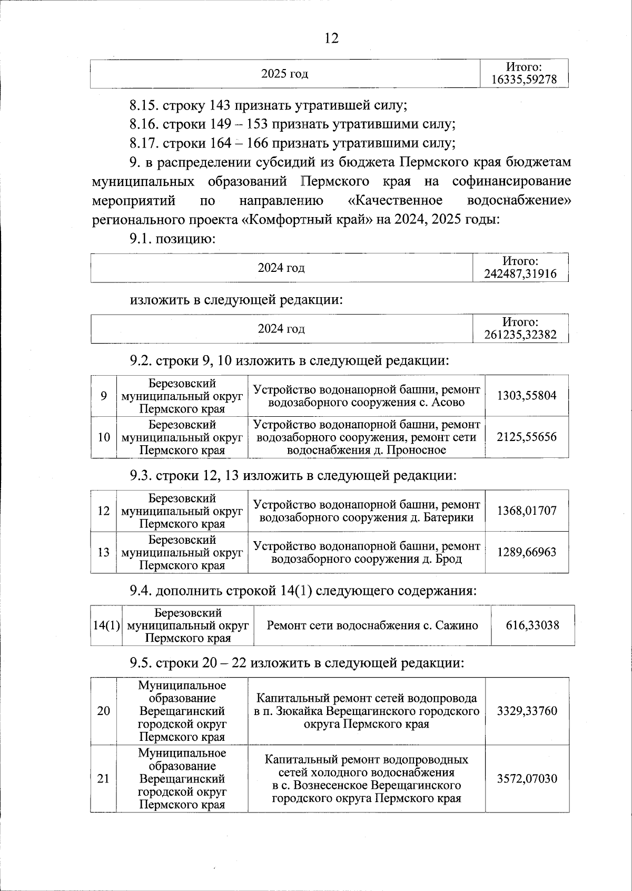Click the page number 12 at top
[x=331, y=38]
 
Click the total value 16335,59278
[x=524, y=80]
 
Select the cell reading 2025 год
[x=285, y=74]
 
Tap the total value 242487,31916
[x=520, y=274]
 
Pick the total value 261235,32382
[x=520, y=335]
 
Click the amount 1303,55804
[x=527, y=395]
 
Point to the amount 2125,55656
[x=527, y=437]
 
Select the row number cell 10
[x=104, y=437]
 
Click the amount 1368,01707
[x=527, y=510]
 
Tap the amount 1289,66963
[x=527, y=552]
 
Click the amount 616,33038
[x=532, y=625]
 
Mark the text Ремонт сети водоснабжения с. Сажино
[x=372, y=625]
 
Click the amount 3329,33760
[x=527, y=711]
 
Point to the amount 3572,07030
[x=527, y=778]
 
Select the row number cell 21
[x=104, y=778]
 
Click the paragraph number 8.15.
[x=144, y=105]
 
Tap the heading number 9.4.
[x=141, y=591]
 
